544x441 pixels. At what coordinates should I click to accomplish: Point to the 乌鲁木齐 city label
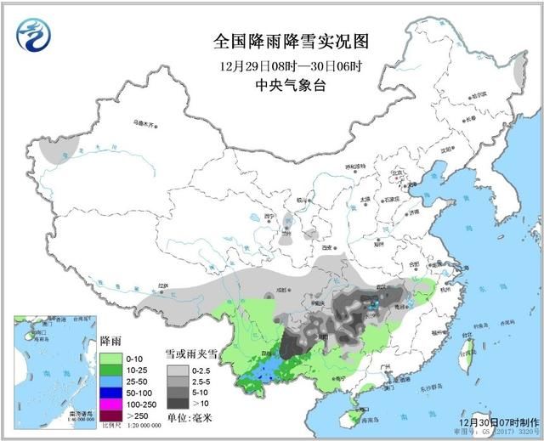(x=145, y=124)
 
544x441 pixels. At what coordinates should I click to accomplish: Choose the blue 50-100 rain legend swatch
(x=111, y=393)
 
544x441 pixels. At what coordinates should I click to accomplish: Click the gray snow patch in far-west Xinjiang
(x=52, y=150)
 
